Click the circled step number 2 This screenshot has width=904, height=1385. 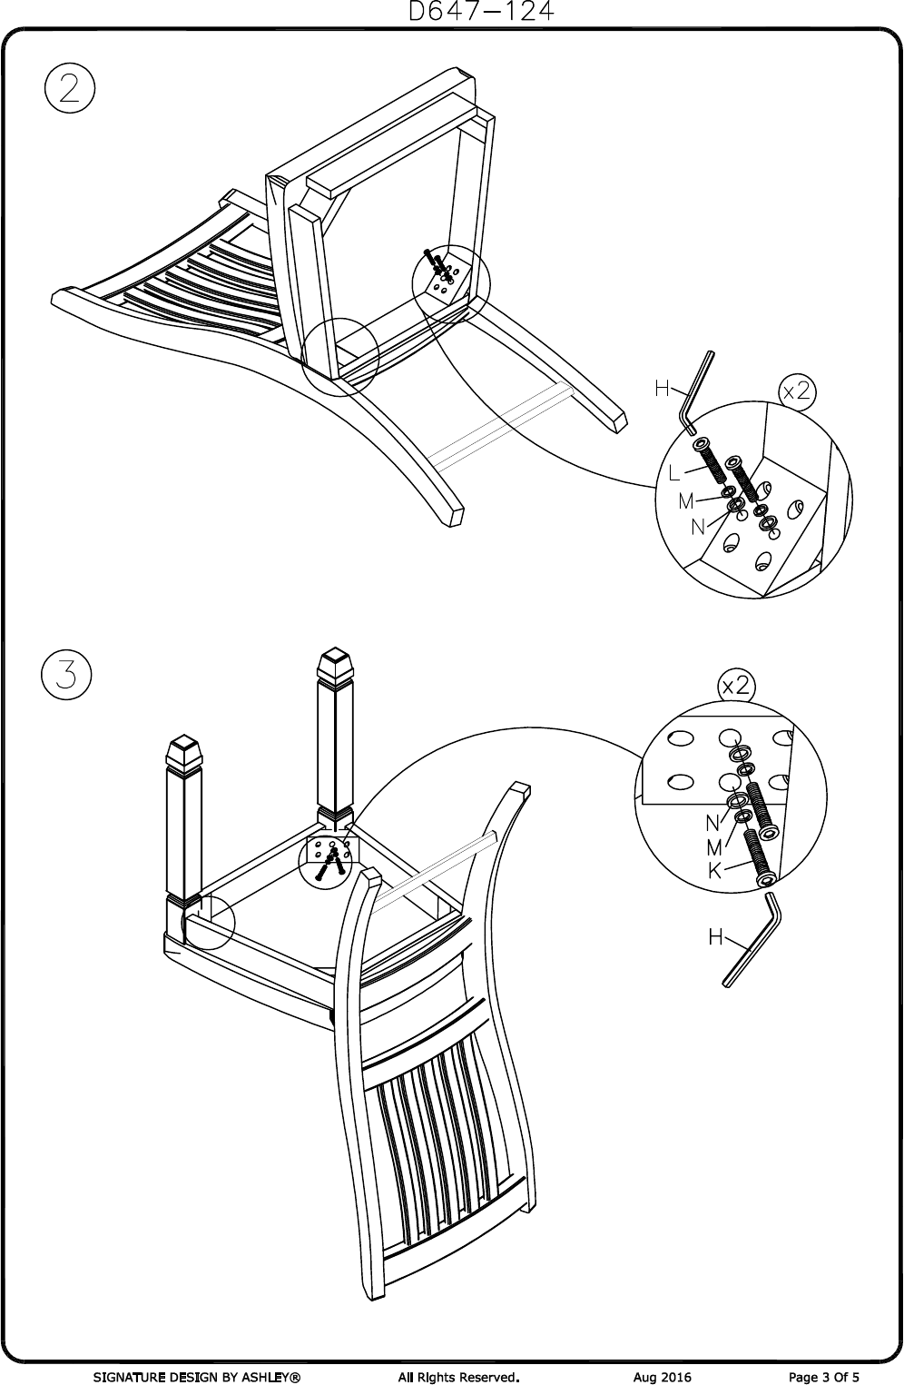(69, 91)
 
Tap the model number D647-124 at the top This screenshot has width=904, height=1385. (481, 12)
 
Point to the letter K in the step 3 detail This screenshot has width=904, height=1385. (716, 871)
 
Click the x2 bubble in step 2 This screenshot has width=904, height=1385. (798, 391)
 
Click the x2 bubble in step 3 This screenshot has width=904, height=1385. (735, 686)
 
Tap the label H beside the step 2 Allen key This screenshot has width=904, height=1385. (663, 389)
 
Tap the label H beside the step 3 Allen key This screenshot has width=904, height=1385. (716, 937)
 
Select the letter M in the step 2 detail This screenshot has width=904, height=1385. (686, 500)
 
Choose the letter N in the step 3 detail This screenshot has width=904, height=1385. (713, 823)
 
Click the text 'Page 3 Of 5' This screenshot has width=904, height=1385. (824, 1377)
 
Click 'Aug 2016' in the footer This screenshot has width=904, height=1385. (663, 1377)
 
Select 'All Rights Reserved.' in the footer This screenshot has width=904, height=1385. (457, 1377)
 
